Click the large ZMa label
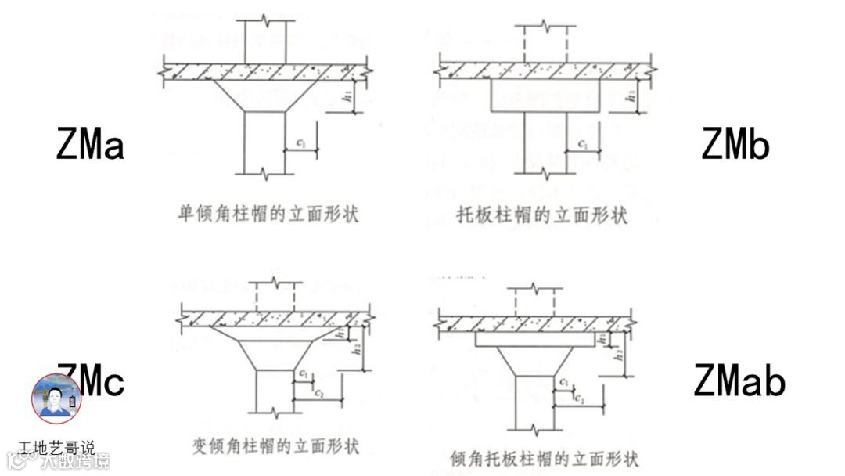click(90, 144)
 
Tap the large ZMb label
click(735, 144)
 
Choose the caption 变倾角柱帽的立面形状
click(275, 446)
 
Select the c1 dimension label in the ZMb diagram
click(583, 144)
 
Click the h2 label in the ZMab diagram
click(618, 355)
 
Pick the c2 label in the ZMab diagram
click(578, 398)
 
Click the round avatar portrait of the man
click(56, 398)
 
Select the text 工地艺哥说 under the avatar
click(56, 448)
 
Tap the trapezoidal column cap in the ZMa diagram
click(264, 95)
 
